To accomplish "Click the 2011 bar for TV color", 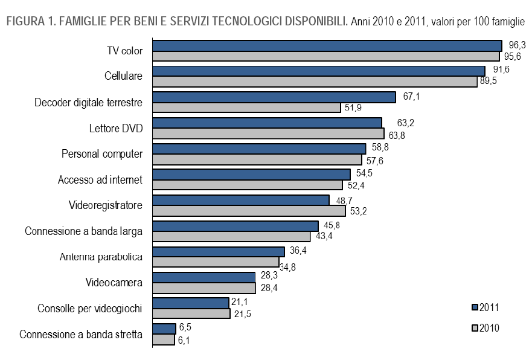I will coord(327,45).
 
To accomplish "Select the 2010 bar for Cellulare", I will coord(315,82).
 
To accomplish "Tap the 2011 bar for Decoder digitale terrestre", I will coord(274,97).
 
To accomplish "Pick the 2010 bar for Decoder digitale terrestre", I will coord(246,108).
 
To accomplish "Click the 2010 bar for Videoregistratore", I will coord(249,211).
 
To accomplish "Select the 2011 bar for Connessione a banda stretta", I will coord(164,328).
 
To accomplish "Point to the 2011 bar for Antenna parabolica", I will coord(218,251).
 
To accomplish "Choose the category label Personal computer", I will coord(102,153).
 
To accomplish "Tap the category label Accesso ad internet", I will coord(100,179).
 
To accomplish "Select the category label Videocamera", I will coord(114,283).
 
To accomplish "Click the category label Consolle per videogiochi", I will coord(89,309).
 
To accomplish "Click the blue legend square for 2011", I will coord(475,307).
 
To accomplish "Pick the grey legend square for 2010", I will coord(475,328).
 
